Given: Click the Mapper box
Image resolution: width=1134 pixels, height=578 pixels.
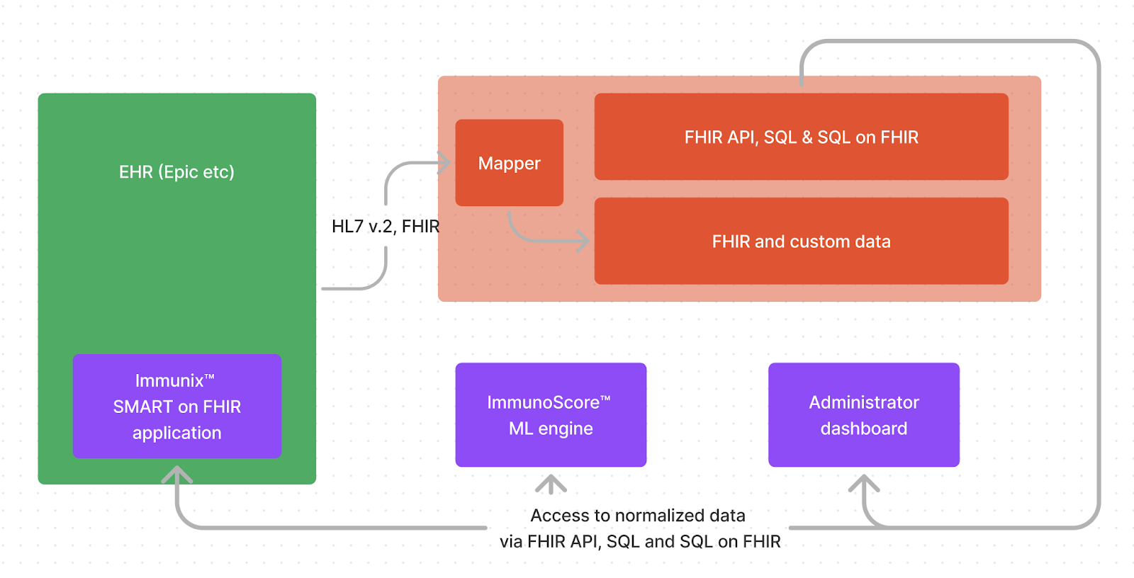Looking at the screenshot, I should [x=509, y=163].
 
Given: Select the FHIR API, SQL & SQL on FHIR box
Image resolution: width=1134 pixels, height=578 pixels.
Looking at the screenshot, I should [x=801, y=137].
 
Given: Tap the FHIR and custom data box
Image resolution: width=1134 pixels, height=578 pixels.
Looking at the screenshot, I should [x=801, y=242].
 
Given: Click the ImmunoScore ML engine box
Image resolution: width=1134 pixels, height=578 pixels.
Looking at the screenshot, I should [x=551, y=415].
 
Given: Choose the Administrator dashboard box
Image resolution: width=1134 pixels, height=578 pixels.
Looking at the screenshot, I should [x=863, y=415].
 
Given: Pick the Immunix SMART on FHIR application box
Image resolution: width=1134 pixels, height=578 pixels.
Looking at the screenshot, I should [x=177, y=407].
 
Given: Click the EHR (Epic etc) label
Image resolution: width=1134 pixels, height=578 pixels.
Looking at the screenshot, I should [x=176, y=172].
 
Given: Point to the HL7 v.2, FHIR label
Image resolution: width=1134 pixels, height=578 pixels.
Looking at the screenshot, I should [x=386, y=227].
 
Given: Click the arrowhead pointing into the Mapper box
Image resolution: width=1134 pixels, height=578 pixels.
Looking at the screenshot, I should [x=444, y=163].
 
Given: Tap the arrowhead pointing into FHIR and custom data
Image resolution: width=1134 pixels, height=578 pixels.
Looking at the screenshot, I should [x=583, y=241].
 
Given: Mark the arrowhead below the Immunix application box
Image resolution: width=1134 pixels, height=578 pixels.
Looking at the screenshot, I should [x=177, y=473].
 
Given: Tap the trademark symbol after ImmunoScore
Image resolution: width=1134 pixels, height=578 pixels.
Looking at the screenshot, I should [x=605, y=399].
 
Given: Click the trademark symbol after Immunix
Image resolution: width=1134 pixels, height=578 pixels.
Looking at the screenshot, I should [x=210, y=378].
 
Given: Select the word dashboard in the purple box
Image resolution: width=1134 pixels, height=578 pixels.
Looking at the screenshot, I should [x=863, y=429].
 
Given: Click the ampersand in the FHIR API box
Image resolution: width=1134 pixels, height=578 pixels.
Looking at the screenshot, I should [x=807, y=137].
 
